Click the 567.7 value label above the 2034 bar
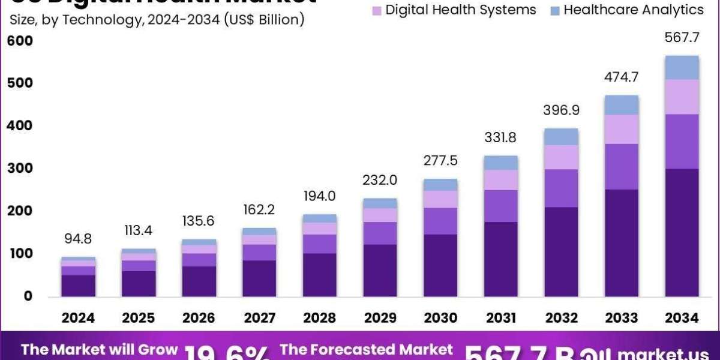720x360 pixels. pos(682,38)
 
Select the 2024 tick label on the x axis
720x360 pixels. pos(78,318)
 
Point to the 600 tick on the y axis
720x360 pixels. pos(20,41)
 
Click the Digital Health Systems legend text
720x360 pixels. pos(452,10)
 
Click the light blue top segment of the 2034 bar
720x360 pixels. pos(682,68)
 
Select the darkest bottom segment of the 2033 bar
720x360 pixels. pos(622,243)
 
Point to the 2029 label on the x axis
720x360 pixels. pos(380,318)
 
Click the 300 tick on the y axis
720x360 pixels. pos(20,169)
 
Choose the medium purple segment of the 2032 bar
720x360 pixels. pos(561,188)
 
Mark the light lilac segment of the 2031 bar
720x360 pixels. pos(500,180)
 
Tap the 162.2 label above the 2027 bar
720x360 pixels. pos(259,211)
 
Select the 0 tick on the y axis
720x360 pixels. pos(28,296)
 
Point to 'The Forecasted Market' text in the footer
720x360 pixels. pos(367,350)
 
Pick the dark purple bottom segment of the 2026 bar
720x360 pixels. pos(198,281)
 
